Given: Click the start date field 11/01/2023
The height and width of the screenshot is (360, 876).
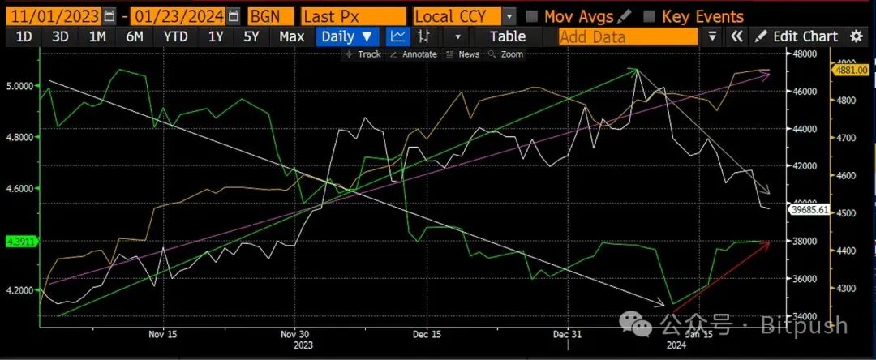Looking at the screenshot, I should [53, 16].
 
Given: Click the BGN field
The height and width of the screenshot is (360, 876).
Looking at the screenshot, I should [270, 16].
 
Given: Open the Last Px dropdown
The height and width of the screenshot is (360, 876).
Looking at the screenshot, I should [353, 16].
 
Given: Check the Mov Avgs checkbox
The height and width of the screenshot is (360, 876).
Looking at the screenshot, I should [532, 16].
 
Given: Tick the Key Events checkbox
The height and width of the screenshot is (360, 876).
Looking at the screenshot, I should [649, 16].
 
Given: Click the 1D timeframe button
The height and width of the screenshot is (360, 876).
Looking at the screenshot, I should [24, 36].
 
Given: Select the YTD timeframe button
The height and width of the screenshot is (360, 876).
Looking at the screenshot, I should [175, 36].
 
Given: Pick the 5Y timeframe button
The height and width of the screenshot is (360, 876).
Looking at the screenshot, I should [251, 36].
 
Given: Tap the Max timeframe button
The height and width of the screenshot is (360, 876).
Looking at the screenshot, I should [291, 36].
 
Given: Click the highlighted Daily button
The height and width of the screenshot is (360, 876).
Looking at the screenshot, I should [347, 36].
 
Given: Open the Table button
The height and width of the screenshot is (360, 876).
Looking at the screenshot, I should [508, 36].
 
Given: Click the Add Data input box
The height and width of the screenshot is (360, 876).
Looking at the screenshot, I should [628, 36].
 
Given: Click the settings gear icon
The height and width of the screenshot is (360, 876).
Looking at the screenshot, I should [857, 36].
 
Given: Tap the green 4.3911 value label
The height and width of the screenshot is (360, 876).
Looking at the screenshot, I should [18, 242].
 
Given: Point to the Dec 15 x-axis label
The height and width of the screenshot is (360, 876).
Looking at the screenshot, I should [427, 334].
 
